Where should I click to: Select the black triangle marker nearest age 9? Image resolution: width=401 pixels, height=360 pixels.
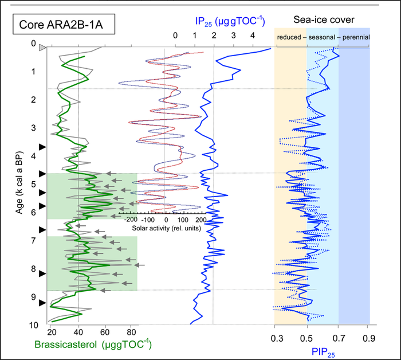42,302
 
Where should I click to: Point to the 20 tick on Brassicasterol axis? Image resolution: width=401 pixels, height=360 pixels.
51,332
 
